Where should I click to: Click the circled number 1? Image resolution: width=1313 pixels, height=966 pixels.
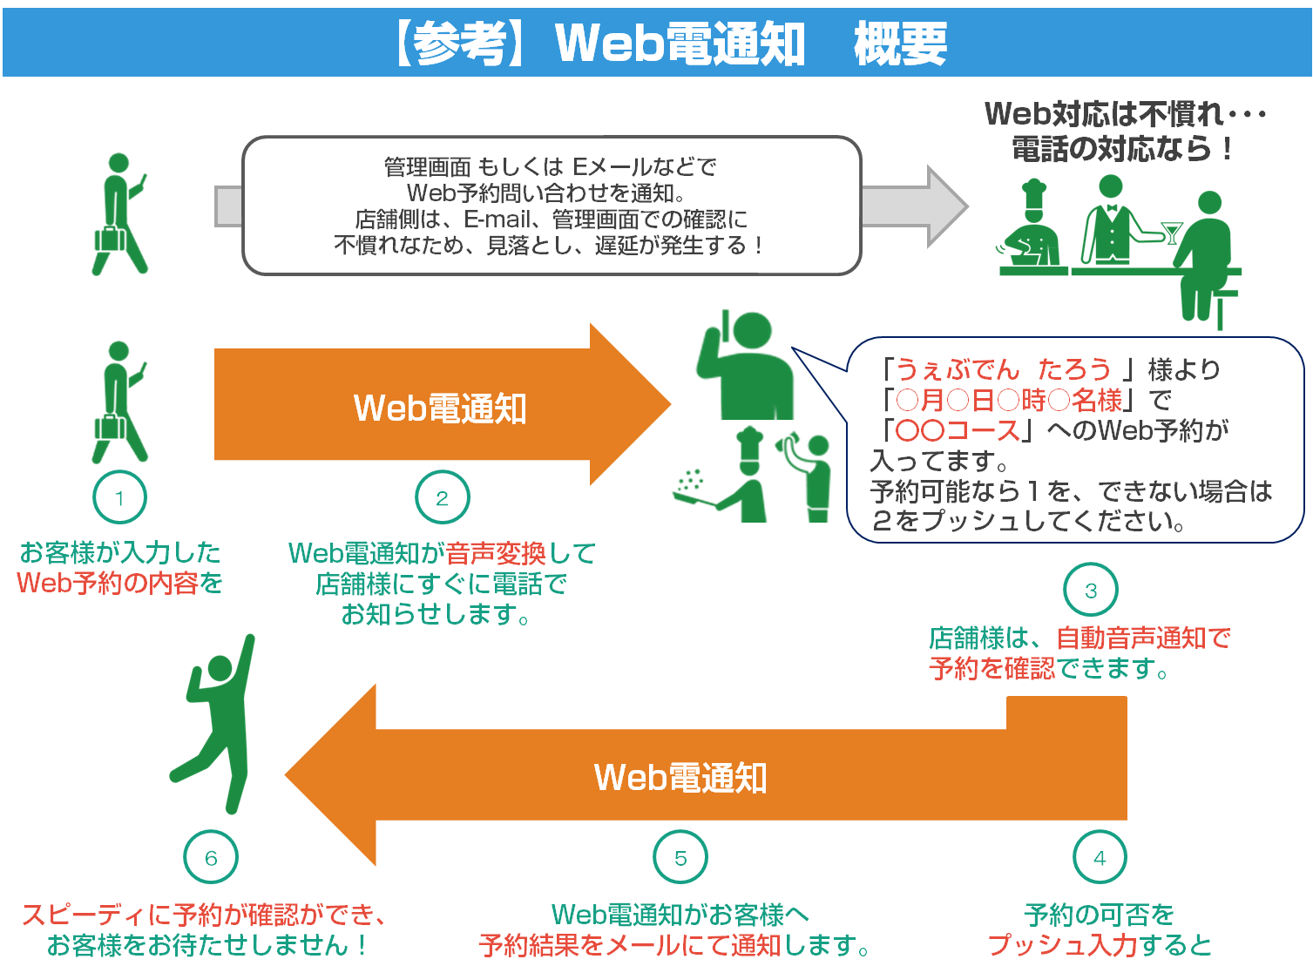119,498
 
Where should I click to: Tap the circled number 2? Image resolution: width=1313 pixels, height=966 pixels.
443,498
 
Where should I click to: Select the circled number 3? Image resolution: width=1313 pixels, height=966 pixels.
1090,591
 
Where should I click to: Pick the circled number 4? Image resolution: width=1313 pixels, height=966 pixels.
1100,858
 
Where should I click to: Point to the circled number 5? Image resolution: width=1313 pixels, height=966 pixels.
680,858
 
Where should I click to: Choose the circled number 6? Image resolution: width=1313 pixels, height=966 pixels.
211,858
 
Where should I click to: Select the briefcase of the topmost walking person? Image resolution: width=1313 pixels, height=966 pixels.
111,239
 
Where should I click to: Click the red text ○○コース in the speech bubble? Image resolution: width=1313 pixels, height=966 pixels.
958,430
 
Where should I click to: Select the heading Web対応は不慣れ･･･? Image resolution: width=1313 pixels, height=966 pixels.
1124,114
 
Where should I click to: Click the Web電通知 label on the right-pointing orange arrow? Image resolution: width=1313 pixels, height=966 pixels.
440,408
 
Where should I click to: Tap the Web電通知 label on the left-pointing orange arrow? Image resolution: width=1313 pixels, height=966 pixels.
680,777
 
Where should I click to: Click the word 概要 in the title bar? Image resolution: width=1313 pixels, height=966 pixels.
900,44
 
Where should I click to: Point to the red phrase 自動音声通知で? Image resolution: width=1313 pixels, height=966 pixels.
1142,638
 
